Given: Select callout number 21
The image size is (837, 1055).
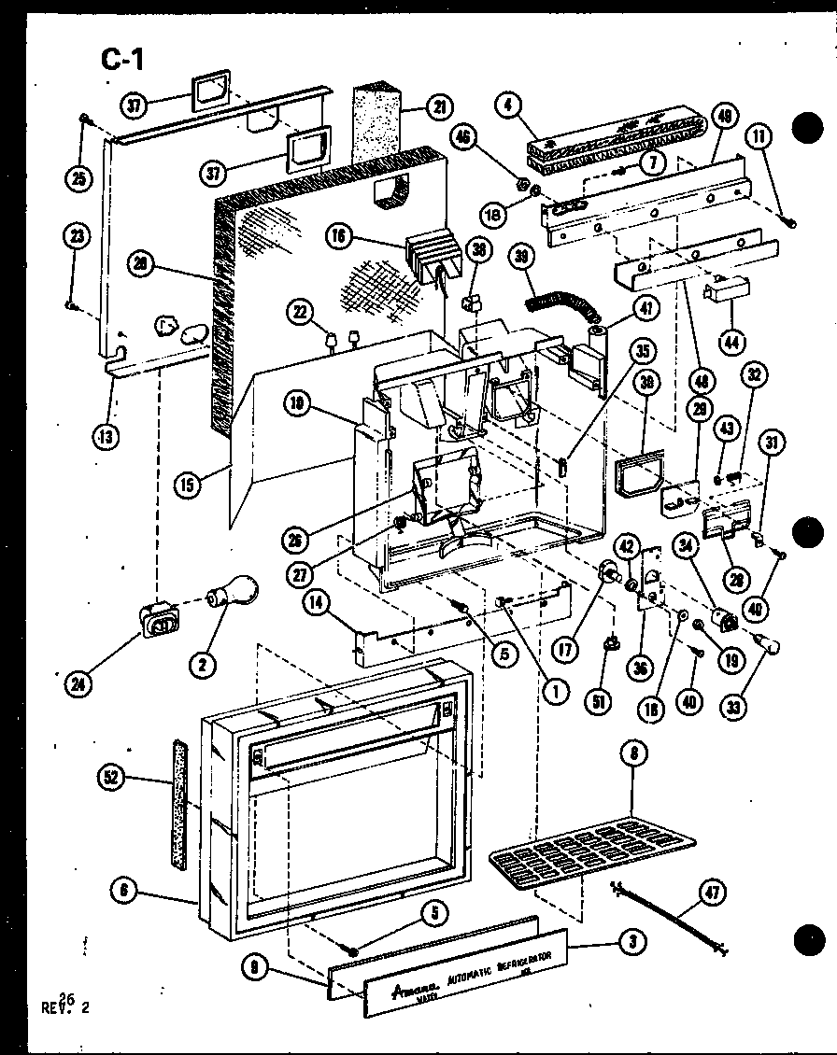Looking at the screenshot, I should coord(436,107).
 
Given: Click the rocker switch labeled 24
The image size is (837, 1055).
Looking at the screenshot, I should coord(159,619).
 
